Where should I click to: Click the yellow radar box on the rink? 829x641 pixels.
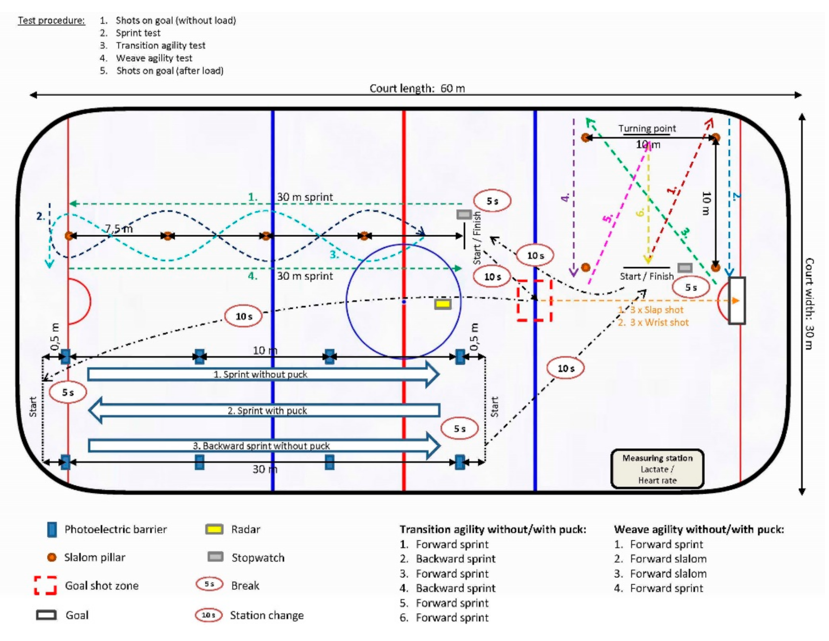[442, 304]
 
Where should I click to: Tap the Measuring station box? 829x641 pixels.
[657, 469]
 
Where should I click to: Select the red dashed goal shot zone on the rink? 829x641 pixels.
[534, 300]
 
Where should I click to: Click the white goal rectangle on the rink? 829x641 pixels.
[737, 300]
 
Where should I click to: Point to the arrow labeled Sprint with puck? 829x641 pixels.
[264, 410]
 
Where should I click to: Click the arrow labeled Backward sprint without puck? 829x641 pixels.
[264, 445]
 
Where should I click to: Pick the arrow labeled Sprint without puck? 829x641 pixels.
[264, 374]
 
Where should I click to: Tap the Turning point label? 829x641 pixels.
[646, 128]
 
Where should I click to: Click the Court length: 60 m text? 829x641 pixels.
[417, 89]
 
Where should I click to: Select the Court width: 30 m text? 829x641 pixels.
[809, 303]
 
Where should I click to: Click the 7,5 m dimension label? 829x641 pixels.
[119, 229]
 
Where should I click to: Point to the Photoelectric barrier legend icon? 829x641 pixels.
[51, 529]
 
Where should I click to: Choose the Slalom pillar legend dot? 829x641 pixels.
[51, 557]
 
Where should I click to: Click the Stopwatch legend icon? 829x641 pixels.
[215, 557]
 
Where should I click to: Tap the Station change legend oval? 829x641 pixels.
[209, 615]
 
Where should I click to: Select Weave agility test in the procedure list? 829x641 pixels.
[154, 58]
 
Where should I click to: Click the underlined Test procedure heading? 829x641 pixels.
[51, 21]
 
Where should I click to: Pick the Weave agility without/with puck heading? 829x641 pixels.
[698, 529]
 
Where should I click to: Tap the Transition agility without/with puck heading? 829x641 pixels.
[492, 529]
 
